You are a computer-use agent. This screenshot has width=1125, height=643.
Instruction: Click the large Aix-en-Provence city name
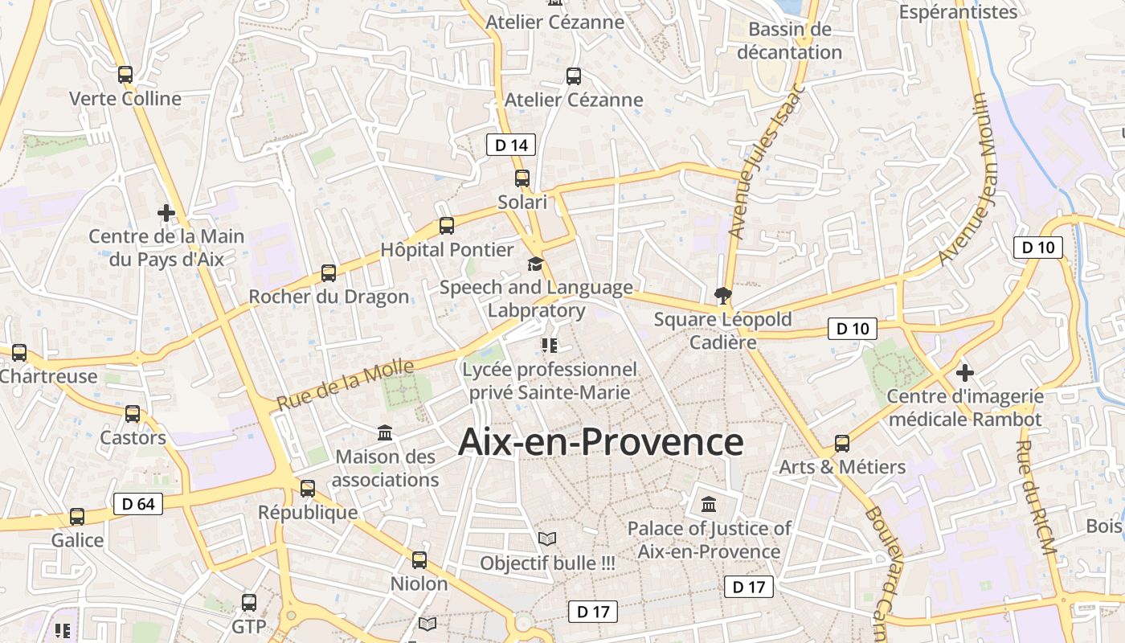click(x=600, y=442)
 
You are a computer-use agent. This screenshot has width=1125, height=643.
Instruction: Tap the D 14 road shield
click(x=511, y=145)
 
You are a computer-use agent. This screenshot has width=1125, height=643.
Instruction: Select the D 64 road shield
click(x=138, y=504)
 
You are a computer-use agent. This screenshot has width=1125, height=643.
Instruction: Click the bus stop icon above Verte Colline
click(x=125, y=75)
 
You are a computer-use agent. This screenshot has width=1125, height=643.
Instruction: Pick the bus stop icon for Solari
click(x=522, y=178)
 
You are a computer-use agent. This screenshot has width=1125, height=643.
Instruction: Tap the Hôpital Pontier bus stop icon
click(x=447, y=227)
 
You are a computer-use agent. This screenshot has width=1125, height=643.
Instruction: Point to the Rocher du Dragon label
click(x=329, y=297)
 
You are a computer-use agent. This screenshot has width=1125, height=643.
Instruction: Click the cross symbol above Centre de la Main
click(x=166, y=213)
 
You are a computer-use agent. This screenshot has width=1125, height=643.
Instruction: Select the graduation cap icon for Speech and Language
click(x=535, y=264)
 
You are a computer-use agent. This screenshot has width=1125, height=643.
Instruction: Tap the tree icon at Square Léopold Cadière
click(x=723, y=295)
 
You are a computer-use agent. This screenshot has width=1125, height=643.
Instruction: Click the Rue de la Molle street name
click(x=346, y=385)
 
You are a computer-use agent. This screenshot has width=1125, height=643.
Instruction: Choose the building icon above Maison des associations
click(x=385, y=434)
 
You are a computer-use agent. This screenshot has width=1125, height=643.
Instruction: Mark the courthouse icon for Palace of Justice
click(x=709, y=505)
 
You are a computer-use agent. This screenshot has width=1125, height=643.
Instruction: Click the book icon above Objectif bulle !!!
click(x=547, y=539)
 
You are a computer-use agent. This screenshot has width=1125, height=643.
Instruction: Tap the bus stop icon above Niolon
click(x=419, y=559)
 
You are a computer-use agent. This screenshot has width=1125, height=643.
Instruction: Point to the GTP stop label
click(x=248, y=626)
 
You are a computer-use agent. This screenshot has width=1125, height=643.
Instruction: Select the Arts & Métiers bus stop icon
click(x=842, y=443)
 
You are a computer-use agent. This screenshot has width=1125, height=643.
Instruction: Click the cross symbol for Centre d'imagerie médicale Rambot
click(x=965, y=373)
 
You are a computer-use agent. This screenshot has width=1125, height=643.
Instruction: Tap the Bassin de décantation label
click(x=789, y=41)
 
